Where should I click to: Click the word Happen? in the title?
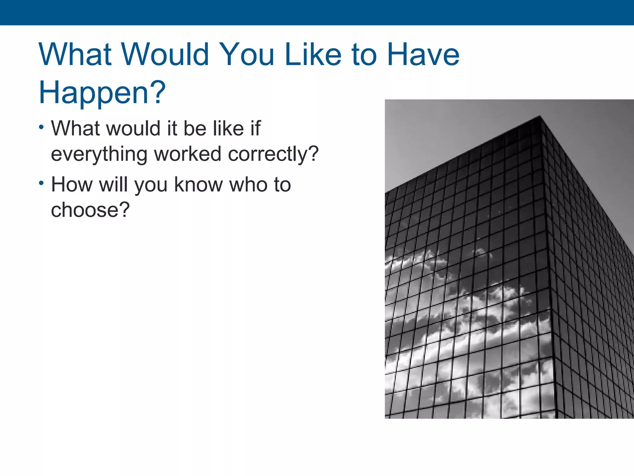[102, 92]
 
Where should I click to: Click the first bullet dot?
[41, 127]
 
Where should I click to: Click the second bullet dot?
[41, 183]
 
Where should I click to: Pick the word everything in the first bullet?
[99, 154]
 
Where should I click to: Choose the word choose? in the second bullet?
[90, 210]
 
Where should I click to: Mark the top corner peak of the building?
[540, 117]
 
